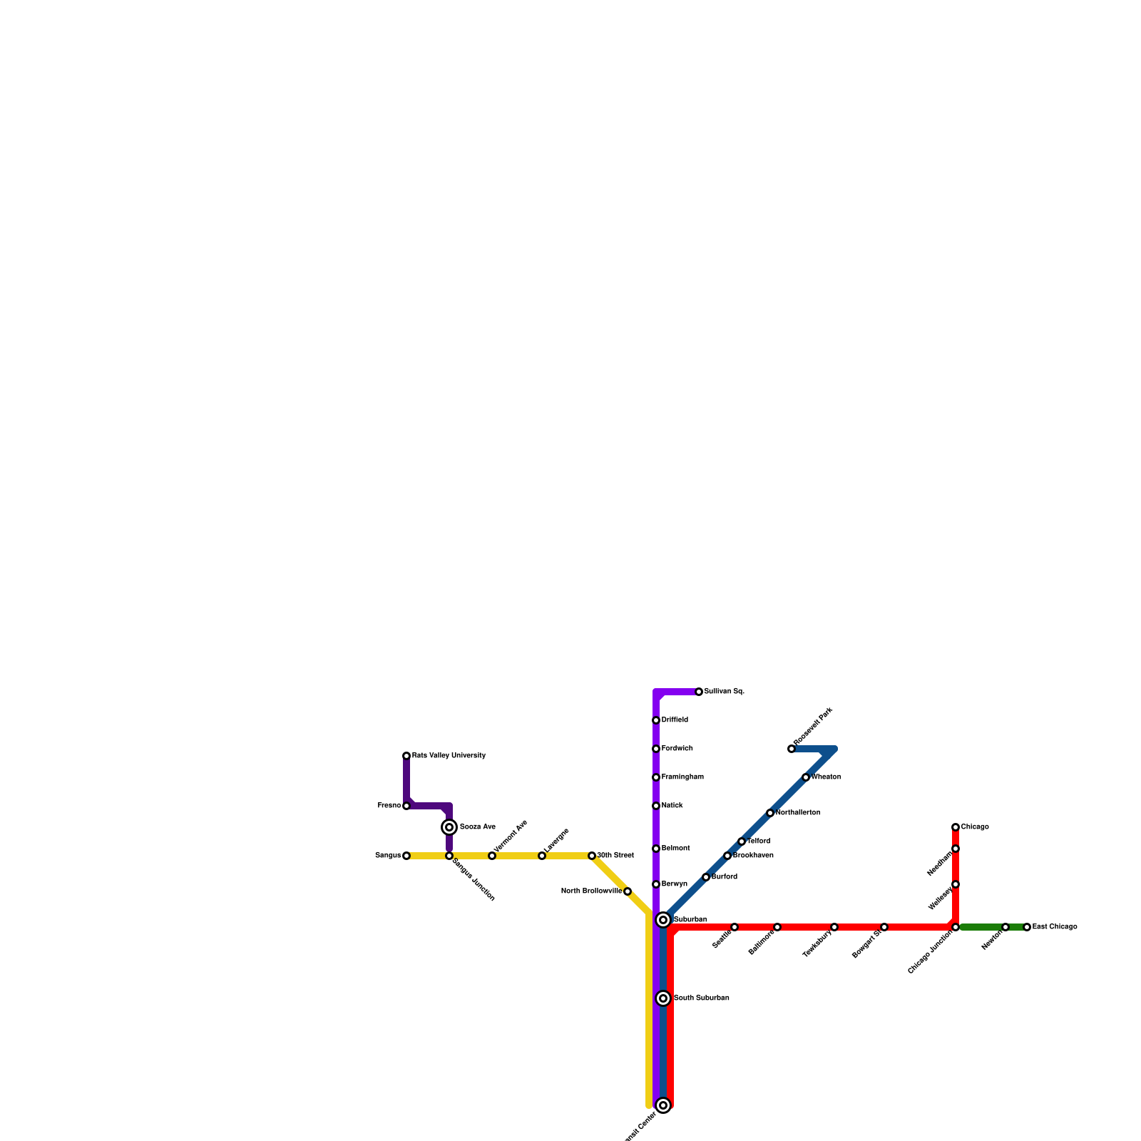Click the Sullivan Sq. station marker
(x=699, y=692)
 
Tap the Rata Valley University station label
(x=449, y=756)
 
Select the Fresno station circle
(x=406, y=806)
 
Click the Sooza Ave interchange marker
(x=449, y=827)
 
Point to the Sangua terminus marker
(x=406, y=856)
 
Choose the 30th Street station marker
(x=592, y=856)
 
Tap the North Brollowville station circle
(x=628, y=891)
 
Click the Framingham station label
(x=682, y=777)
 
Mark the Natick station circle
(x=656, y=806)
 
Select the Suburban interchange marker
(x=663, y=920)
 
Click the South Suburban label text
(x=701, y=998)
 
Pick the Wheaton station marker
(x=806, y=777)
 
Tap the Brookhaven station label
(x=753, y=856)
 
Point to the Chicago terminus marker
(x=956, y=827)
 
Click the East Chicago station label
(x=1055, y=927)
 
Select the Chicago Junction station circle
(x=956, y=927)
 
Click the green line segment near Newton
(x=981, y=927)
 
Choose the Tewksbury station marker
(x=834, y=927)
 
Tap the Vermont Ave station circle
(x=492, y=856)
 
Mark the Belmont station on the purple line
(x=656, y=849)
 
